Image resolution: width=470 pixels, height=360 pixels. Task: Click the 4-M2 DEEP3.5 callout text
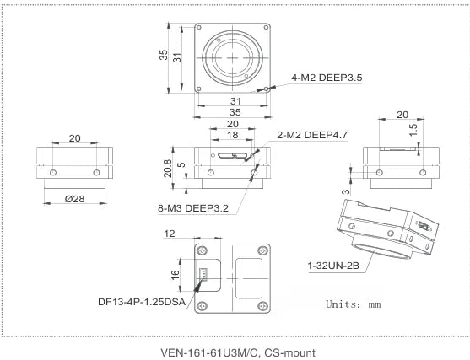coord(327,78)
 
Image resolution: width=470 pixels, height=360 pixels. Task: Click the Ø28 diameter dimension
coord(73,199)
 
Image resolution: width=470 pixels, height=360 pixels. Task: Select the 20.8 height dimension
coord(168,169)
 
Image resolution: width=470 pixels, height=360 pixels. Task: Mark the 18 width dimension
coord(231,135)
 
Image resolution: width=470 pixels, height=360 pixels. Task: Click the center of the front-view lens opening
coord(231,57)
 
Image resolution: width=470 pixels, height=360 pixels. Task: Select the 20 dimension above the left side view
coord(74,137)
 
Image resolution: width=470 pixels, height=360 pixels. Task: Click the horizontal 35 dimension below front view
coord(231,111)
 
